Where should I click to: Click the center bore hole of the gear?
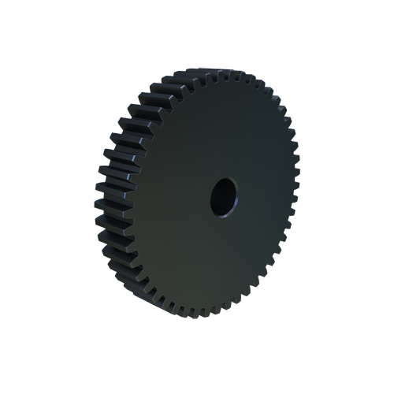point(224,197)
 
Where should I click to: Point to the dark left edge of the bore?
point(214,198)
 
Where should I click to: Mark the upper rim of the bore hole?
point(225,179)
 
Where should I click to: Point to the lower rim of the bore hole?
point(223,217)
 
